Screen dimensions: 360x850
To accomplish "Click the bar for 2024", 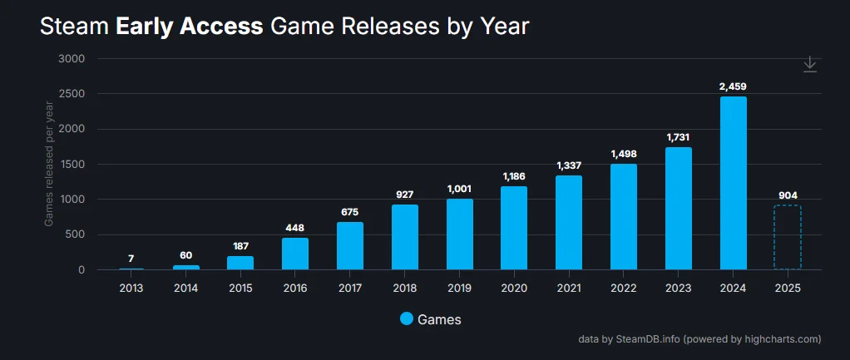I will point(733,183).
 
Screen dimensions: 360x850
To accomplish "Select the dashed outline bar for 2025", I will point(787,237).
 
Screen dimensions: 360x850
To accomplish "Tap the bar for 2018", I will point(404,237).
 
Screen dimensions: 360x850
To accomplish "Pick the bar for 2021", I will point(569,223).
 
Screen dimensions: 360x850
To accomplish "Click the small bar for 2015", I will point(240,263).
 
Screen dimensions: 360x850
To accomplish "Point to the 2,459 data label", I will point(733,86).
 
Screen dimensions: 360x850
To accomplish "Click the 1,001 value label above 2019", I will point(459,189).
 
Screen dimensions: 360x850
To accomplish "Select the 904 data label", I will point(787,195).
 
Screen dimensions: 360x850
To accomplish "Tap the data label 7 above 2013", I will point(131,259).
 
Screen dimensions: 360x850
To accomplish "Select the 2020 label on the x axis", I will point(514,288).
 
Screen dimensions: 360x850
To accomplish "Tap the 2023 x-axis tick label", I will point(678,288).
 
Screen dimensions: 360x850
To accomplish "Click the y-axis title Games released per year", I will point(49,163).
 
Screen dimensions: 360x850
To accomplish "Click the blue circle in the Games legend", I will point(407,319).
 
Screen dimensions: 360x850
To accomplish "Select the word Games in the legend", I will point(439,319).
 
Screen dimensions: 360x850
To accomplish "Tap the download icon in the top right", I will point(810,65).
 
